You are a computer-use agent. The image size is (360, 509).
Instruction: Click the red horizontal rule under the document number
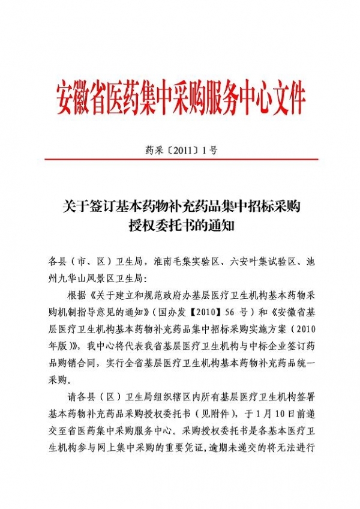tap(180, 159)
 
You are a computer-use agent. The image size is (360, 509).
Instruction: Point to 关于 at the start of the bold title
tap(74, 208)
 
